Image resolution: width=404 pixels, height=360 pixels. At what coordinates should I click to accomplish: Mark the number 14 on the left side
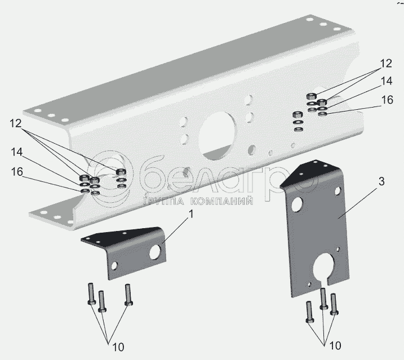click(x=16, y=152)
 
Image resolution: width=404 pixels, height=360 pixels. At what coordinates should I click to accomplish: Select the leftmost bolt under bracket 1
click(x=91, y=294)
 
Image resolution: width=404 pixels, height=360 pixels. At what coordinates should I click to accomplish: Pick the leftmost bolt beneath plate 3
click(x=309, y=312)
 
